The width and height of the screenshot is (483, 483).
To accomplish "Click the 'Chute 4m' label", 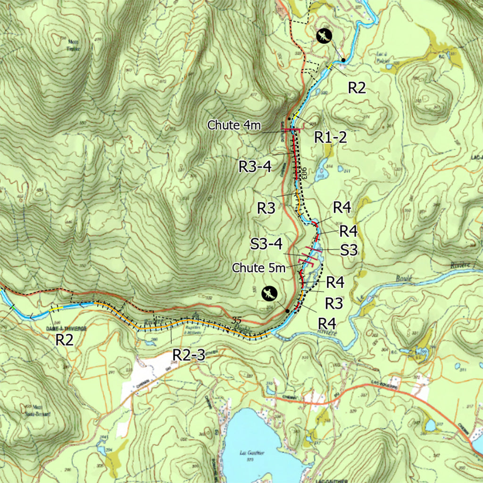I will click(234, 125).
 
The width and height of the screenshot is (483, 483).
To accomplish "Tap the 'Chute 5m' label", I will click(258, 268).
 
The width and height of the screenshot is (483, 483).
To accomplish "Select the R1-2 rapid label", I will click(331, 137).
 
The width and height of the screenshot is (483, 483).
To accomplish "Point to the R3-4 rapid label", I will click(255, 166).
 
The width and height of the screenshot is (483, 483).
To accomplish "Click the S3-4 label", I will click(266, 244).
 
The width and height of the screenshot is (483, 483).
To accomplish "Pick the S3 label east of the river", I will click(349, 250).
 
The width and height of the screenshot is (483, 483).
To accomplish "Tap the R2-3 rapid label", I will click(189, 355).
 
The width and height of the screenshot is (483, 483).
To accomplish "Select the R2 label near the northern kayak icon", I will click(357, 88).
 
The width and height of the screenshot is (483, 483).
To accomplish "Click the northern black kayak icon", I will click(324, 36).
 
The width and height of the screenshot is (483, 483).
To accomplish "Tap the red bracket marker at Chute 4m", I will click(290, 130).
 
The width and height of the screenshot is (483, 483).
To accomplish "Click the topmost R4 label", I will click(341, 207).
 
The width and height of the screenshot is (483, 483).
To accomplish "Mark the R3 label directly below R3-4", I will click(266, 208).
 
